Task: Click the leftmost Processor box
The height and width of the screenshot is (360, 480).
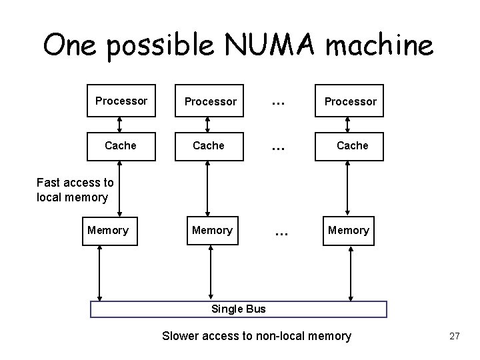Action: coord(121,101)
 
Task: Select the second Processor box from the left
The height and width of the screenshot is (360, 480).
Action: coord(210,102)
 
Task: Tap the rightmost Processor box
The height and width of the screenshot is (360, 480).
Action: coord(350,102)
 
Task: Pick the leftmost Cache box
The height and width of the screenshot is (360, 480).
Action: coord(121,145)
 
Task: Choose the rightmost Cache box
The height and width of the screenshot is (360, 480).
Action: coord(352,145)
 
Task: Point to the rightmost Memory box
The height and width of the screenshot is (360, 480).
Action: coord(348,230)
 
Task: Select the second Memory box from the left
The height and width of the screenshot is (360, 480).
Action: coord(212,230)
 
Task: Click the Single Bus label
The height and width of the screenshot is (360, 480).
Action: coord(238,309)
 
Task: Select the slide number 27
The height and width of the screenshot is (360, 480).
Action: coord(455,336)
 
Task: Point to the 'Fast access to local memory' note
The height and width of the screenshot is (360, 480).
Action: coord(75,189)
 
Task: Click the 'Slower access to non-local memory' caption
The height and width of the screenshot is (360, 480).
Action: coord(256,336)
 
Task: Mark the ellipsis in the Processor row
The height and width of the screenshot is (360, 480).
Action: coord(277,101)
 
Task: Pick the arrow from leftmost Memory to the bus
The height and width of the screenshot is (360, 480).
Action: coord(99,273)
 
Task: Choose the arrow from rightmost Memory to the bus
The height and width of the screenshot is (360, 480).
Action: coord(349,273)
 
